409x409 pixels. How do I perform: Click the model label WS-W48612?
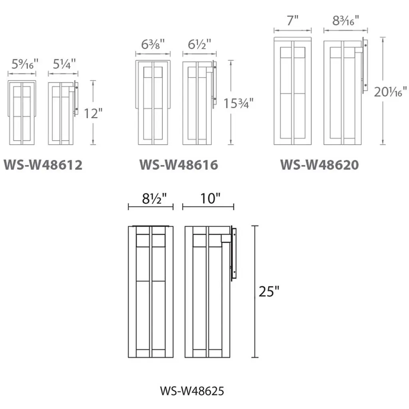43,165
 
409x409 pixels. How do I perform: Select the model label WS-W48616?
179,165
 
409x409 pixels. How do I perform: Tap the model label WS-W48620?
319,165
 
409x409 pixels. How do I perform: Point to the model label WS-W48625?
192,390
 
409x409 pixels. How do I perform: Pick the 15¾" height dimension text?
238,103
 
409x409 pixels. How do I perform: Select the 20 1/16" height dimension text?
391,92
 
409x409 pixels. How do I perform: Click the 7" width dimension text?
293,21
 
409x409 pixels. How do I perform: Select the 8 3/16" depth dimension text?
345,21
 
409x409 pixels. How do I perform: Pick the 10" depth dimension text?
208,198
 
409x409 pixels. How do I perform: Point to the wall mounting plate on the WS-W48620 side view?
365,66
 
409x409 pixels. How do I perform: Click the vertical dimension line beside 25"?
254,292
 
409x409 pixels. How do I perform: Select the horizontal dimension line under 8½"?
151,207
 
